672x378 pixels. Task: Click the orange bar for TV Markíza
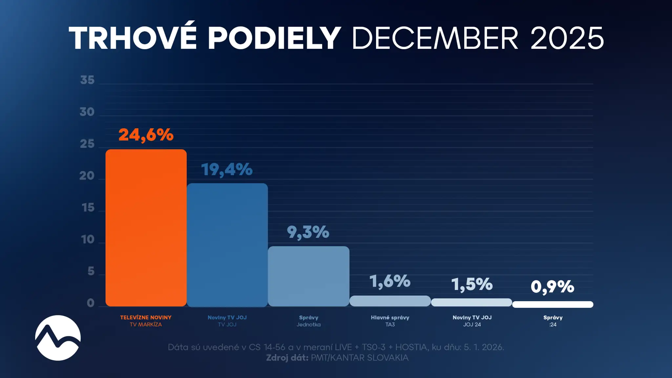(146, 228)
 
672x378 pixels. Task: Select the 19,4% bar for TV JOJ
(227, 245)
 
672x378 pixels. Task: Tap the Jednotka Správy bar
(309, 276)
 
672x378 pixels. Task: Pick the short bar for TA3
(390, 301)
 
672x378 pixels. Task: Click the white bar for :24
(553, 304)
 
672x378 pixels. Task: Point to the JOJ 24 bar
(472, 302)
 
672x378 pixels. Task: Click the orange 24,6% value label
(146, 135)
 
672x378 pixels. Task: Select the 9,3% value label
(308, 232)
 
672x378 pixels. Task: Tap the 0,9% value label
(553, 287)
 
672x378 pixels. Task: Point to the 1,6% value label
(390, 282)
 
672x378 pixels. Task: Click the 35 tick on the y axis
(87, 80)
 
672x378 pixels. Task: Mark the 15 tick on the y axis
(88, 208)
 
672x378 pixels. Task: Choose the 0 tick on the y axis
(91, 303)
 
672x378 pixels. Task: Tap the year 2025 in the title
(567, 38)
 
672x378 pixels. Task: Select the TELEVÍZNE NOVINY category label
(146, 318)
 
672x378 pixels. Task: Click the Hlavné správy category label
(390, 318)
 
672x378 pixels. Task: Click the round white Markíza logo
(58, 338)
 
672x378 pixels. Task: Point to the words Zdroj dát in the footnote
(287, 358)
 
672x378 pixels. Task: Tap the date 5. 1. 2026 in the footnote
(484, 347)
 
